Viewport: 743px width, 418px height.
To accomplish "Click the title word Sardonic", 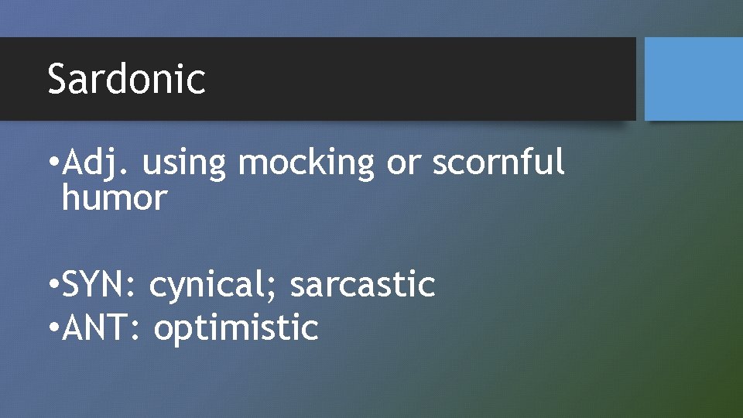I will point(126,79).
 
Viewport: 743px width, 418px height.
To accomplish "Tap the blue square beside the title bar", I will point(693,79).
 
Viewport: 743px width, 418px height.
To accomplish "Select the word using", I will point(183,163).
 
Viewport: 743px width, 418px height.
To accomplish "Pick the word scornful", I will point(498,163).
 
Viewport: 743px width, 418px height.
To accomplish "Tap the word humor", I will point(114,199).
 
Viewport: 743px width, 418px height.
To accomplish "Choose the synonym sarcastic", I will point(362,285).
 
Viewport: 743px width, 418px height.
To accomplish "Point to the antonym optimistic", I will point(236,327).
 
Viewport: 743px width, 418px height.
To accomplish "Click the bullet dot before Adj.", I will point(52,164).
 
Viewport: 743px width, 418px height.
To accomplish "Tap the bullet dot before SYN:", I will point(52,286).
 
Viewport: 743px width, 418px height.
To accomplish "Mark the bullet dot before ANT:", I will point(52,328).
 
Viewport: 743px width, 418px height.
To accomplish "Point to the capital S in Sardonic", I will point(57,79).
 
